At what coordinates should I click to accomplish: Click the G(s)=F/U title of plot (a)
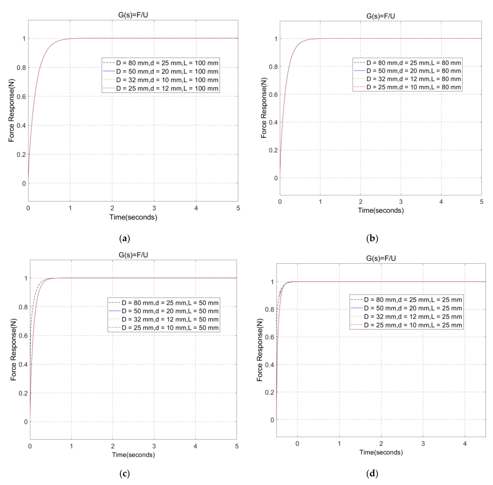click(133, 15)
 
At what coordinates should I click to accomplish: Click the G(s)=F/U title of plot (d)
click(381, 258)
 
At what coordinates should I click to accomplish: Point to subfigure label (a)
click(124, 238)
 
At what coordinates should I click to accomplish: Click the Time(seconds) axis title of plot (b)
click(381, 210)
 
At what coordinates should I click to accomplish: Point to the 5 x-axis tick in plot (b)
click(481, 202)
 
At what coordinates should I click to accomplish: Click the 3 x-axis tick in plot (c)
click(154, 446)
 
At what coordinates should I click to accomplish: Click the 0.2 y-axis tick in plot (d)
click(269, 392)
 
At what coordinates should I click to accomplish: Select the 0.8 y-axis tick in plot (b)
click(273, 67)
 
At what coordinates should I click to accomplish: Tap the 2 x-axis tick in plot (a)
click(112, 208)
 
